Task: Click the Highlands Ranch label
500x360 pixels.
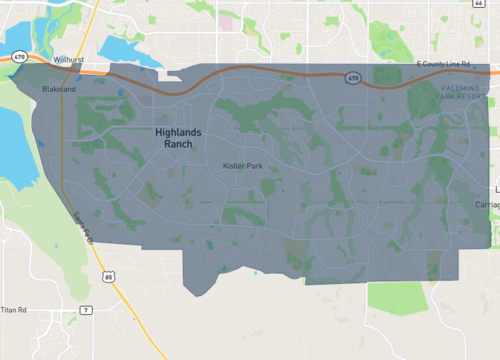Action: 178,138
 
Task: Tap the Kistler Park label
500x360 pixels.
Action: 241,164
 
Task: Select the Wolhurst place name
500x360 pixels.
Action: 68,60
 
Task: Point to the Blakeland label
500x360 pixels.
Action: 58,89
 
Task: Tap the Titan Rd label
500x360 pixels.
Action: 15,311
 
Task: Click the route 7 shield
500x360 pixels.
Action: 87,311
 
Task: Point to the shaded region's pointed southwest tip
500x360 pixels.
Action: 198,294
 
